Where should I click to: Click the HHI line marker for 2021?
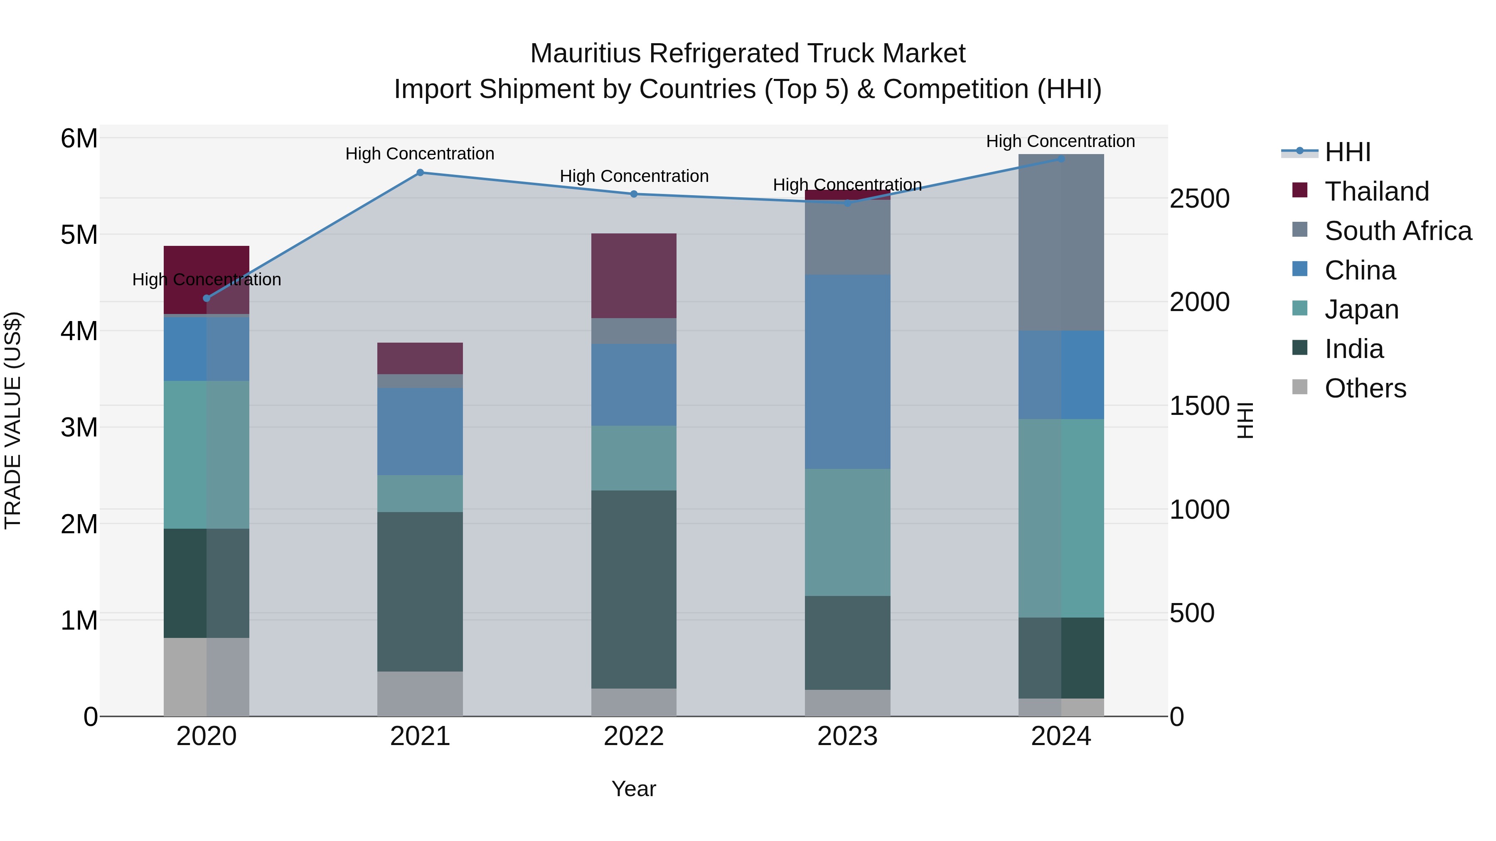(x=420, y=172)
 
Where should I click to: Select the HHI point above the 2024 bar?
(x=1060, y=159)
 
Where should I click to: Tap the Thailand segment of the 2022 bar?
(x=634, y=276)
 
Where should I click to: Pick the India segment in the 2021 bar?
(x=420, y=591)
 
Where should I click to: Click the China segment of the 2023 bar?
(x=847, y=371)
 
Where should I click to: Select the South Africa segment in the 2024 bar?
(x=1060, y=242)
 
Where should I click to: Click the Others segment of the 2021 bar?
(x=420, y=694)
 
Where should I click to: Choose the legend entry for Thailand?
(x=1376, y=191)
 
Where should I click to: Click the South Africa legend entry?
(x=1397, y=231)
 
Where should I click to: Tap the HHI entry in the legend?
(x=1347, y=152)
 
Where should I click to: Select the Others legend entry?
(x=1365, y=388)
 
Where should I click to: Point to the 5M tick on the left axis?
(x=79, y=235)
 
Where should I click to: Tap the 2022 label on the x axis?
(x=634, y=736)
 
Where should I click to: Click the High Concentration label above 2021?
(x=420, y=154)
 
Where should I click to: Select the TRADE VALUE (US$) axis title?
(x=13, y=420)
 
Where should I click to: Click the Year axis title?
(x=634, y=789)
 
